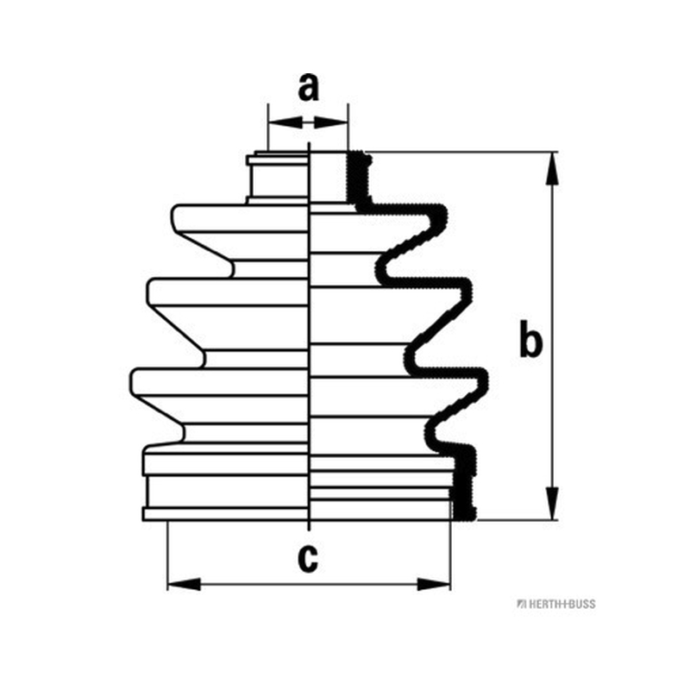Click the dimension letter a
308,87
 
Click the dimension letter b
530,339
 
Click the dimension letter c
308,558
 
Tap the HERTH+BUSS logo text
556,604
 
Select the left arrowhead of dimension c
184,585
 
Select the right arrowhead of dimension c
434,585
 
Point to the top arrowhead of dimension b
552,168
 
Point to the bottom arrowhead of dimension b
552,504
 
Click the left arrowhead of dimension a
285,122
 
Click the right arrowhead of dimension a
331,122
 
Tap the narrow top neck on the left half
278,178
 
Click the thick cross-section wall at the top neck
358,179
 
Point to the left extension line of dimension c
167,555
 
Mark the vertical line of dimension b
552,336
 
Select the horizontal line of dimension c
309,585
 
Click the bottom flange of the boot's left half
225,514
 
